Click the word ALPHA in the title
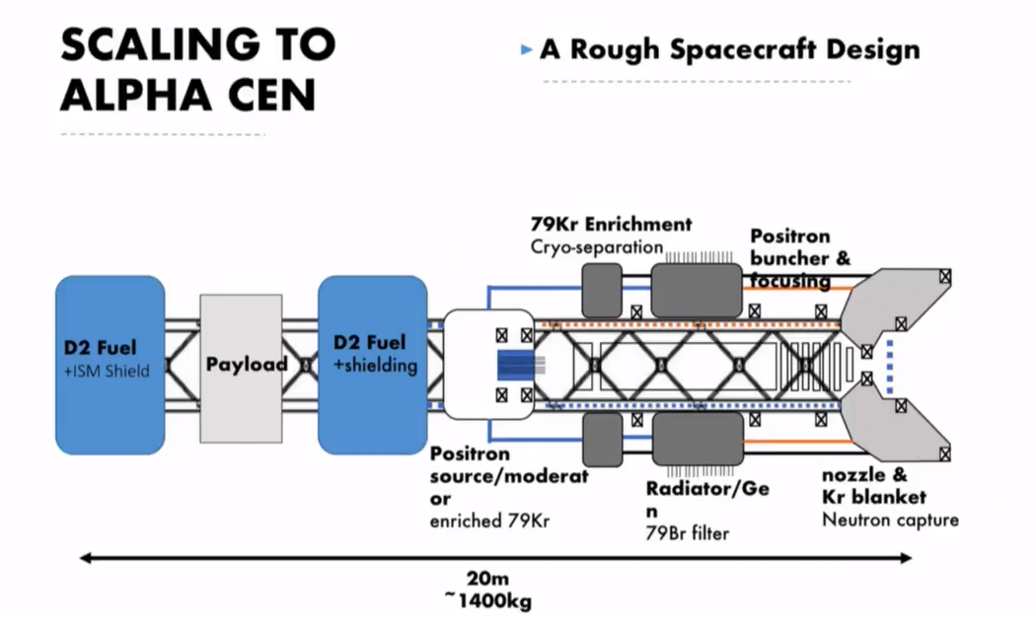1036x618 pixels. point(126,96)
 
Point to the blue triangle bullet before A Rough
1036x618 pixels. point(527,49)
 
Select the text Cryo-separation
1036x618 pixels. point(596,246)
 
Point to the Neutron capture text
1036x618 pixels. point(890,518)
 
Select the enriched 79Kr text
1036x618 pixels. point(488,519)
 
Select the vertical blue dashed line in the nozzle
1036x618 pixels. point(891,367)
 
